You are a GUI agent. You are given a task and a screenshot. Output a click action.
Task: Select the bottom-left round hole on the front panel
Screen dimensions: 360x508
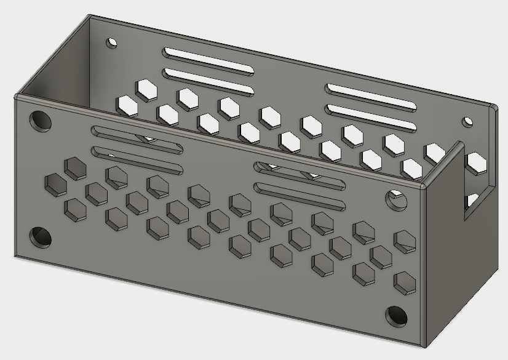[41, 236]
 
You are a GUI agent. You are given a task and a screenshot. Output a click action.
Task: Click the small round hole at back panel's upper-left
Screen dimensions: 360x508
[112, 43]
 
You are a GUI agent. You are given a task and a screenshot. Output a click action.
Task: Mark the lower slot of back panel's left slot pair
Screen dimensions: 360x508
[208, 81]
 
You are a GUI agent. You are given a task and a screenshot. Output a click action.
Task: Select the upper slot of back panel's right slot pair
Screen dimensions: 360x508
[371, 97]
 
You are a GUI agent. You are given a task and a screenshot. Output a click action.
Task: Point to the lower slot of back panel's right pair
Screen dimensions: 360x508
[371, 118]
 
